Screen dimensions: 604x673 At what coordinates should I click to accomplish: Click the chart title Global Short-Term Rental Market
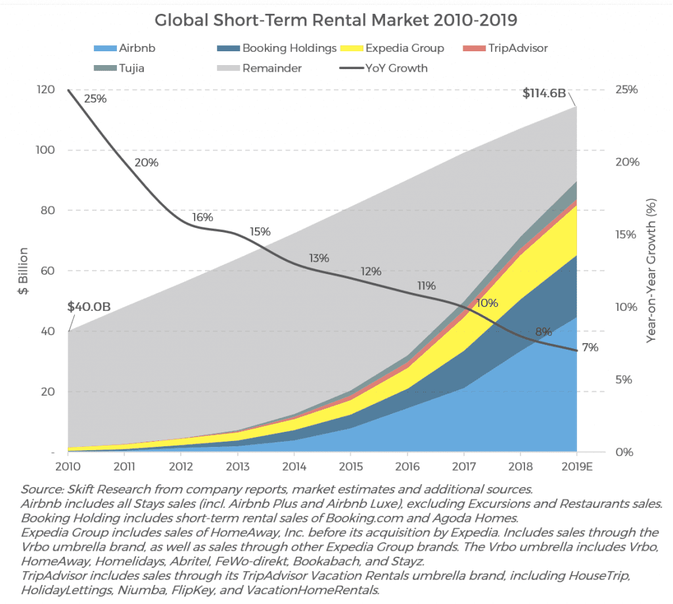pyautogui.click(x=336, y=20)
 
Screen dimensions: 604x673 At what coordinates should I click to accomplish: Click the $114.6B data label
pyautogui.click(x=544, y=93)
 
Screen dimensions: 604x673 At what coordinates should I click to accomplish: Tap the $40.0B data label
pyautogui.click(x=89, y=307)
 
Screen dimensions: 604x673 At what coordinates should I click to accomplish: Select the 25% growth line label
pyautogui.click(x=95, y=99)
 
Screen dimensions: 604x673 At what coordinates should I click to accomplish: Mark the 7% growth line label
pyautogui.click(x=589, y=348)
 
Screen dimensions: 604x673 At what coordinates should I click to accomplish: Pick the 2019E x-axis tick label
pyautogui.click(x=576, y=467)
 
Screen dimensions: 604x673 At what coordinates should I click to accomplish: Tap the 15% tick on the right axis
pyautogui.click(x=625, y=235)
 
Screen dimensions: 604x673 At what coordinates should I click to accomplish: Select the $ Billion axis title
pyautogui.click(x=24, y=271)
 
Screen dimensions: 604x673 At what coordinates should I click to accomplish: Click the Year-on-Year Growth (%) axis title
pyautogui.click(x=651, y=271)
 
